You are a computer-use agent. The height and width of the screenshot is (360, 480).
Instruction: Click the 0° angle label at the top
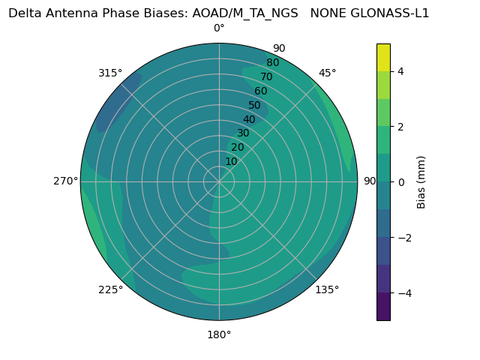(x=219, y=28)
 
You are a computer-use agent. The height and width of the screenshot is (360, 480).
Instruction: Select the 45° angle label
(x=328, y=73)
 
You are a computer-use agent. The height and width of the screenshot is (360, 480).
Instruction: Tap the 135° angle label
(x=327, y=289)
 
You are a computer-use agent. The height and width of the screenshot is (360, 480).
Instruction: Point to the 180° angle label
(x=219, y=334)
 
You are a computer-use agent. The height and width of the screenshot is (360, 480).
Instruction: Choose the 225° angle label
(x=110, y=290)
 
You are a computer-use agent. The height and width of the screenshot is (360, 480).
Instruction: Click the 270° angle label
(x=65, y=181)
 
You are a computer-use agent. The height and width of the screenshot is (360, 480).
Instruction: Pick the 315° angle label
(x=110, y=73)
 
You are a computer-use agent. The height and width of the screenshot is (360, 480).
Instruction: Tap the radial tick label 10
(x=231, y=161)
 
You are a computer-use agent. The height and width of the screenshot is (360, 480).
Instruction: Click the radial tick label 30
(x=243, y=133)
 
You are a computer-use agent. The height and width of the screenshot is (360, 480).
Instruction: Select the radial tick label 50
(x=255, y=106)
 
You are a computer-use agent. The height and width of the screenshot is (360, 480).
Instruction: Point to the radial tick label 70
(x=267, y=77)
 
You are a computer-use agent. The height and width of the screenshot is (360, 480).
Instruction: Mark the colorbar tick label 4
(x=401, y=71)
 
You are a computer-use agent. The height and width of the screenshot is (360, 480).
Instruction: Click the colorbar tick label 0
(x=401, y=182)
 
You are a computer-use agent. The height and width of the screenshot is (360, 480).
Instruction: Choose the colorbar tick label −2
(x=404, y=238)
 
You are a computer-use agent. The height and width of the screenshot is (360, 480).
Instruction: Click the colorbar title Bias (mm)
(x=421, y=182)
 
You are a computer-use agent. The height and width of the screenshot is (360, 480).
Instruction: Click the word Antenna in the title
(x=70, y=13)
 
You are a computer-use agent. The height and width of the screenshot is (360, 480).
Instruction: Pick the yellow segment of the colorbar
(x=383, y=57)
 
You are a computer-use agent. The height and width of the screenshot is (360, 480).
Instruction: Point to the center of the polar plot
(x=219, y=181)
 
